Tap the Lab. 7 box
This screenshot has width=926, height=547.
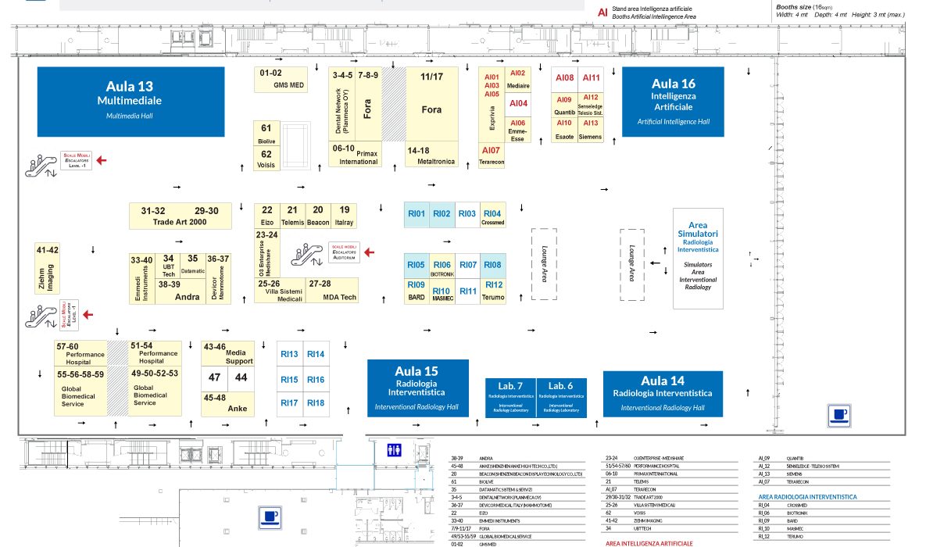click(x=510, y=398)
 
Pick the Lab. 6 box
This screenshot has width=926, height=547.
click(x=561, y=398)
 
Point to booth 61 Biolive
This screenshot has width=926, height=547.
click(x=266, y=133)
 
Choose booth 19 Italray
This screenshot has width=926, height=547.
click(x=344, y=215)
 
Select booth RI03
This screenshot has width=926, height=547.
click(x=467, y=215)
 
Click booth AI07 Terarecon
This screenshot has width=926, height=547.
click(x=492, y=156)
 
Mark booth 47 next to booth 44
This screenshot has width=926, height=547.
click(x=215, y=378)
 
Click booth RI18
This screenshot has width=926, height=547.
click(x=316, y=402)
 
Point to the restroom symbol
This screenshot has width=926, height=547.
click(x=395, y=449)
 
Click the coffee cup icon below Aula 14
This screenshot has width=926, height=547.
click(x=838, y=416)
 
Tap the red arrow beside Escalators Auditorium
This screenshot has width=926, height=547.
click(x=370, y=252)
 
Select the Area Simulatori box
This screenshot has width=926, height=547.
click(x=698, y=258)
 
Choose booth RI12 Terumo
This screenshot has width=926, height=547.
click(x=493, y=289)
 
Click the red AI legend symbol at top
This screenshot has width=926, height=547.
click(x=602, y=12)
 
